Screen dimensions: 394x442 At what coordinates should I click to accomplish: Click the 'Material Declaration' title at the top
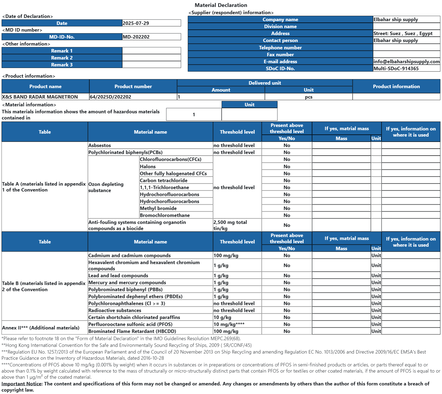[x=221, y=5]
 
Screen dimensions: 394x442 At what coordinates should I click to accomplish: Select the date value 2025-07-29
[x=136, y=23]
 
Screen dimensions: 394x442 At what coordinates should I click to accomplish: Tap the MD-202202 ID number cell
[x=136, y=37]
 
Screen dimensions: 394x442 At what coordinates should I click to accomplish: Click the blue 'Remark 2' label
[x=62, y=58]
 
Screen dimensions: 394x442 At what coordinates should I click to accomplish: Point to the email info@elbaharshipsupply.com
[x=406, y=62]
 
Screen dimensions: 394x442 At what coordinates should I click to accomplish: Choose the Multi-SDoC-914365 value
[x=396, y=69]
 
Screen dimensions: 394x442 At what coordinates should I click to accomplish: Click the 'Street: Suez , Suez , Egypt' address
[x=403, y=33]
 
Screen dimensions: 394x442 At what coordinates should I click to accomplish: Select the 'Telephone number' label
[x=280, y=48]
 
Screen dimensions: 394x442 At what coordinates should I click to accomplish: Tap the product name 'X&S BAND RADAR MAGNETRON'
[x=40, y=97]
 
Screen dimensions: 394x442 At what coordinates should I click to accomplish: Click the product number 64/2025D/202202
[x=110, y=97]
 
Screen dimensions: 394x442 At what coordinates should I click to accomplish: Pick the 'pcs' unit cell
[x=309, y=97]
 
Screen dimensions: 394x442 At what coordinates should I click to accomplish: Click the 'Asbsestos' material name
[x=99, y=145]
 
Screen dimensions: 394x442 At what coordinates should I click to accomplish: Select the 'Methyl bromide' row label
[x=158, y=208]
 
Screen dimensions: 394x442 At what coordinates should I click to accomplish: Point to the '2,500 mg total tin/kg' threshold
[x=230, y=225]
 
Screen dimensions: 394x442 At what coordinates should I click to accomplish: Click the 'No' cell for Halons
[x=287, y=167]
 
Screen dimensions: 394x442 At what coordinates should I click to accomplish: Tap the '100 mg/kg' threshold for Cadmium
[x=226, y=256]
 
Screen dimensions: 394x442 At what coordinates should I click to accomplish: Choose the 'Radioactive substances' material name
[x=115, y=310]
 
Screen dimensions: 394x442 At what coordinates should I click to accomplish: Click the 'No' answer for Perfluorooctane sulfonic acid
[x=287, y=324]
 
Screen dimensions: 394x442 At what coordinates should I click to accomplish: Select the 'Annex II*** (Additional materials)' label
[x=41, y=328]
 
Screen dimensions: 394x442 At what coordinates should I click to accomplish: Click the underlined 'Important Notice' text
[x=22, y=384]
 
